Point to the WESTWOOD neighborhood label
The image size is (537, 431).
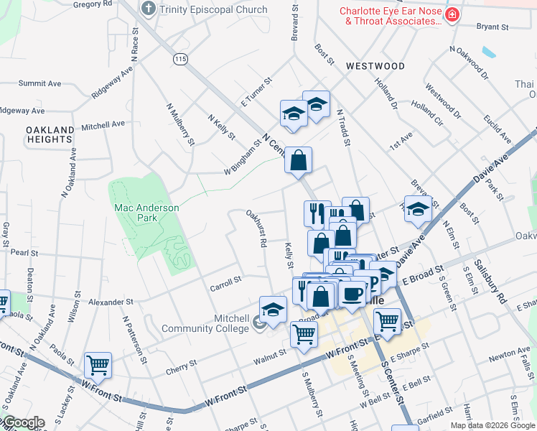[375, 66]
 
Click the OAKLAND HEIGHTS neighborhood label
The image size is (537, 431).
[50, 134]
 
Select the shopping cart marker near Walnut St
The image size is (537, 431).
[304, 334]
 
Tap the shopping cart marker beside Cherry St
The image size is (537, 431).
[98, 364]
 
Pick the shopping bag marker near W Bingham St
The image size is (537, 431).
[298, 161]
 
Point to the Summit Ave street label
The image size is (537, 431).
[40, 83]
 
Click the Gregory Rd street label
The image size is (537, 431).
[93, 4]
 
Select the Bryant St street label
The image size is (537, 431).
[492, 27]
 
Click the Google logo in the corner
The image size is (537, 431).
[23, 422]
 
